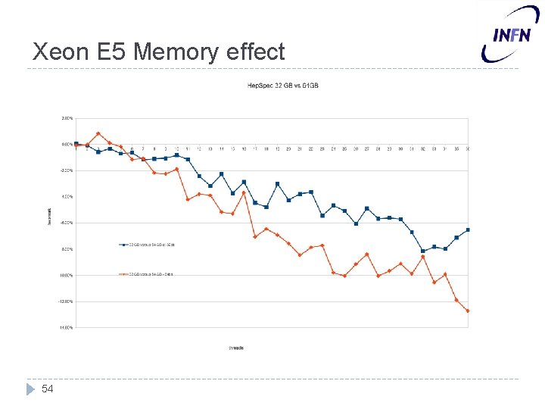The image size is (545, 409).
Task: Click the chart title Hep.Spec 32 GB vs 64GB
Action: (283, 85)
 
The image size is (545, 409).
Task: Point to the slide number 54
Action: (48, 389)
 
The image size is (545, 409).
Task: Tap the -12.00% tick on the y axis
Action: (66, 301)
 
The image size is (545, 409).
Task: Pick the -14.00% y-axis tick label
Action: (66, 328)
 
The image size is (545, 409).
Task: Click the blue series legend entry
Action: (148, 245)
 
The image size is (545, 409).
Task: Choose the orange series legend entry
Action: (148, 274)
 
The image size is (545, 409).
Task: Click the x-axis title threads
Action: (236, 348)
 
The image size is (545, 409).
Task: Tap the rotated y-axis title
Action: (51, 215)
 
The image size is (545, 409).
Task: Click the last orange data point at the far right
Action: (468, 311)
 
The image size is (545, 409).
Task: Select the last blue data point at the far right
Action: (468, 229)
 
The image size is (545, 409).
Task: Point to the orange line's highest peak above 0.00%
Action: (98, 133)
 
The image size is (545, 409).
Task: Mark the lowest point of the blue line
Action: (423, 251)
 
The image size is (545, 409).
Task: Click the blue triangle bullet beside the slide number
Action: (30, 389)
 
